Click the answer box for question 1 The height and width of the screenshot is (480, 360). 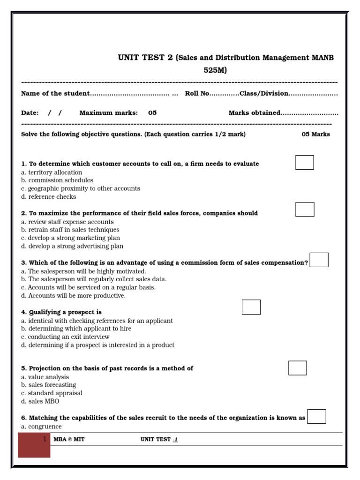point(305,162)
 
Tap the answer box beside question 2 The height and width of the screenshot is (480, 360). point(305,210)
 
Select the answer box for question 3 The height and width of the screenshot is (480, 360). point(319,260)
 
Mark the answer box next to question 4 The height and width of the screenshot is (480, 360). point(251,307)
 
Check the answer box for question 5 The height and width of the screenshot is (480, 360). point(298,368)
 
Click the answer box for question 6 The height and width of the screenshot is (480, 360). point(317,416)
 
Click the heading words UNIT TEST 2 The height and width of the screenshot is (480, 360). point(145,58)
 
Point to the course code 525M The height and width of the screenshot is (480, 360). point(215,70)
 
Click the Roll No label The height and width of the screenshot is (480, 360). point(197,93)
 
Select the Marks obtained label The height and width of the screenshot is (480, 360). point(255,113)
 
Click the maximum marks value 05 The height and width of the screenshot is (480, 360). point(152,113)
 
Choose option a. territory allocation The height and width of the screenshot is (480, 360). point(52,172)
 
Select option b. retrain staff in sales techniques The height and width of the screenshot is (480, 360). point(70,230)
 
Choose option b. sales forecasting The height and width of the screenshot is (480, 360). point(49,385)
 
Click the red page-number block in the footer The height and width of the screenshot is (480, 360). point(34,445)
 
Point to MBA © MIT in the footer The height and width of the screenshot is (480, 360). point(69,439)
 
